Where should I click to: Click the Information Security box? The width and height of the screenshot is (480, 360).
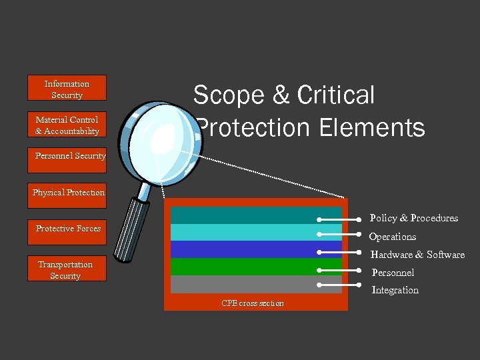point(67,89)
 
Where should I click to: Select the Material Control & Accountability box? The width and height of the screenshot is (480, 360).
point(67,125)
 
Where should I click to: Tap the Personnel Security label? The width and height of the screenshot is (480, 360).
point(70,156)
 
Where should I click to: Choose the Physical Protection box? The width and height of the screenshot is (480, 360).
point(68,193)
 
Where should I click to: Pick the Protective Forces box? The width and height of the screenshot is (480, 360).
point(68,229)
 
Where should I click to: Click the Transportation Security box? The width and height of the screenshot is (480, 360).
point(66,270)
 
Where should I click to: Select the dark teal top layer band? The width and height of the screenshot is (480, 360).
point(247,215)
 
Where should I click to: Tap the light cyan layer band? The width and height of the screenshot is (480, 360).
point(247,232)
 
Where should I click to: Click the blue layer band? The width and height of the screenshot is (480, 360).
point(247,249)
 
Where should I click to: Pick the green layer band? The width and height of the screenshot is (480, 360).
point(247,267)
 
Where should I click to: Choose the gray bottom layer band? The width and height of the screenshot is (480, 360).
point(247,284)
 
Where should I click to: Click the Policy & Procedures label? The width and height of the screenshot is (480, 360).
point(413,218)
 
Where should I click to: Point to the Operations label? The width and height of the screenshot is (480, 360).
point(393,237)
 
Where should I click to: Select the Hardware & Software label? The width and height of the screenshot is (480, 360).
point(417,255)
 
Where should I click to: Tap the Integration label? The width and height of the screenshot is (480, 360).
point(395,290)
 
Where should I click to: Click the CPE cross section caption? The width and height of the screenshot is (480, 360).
point(252,304)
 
